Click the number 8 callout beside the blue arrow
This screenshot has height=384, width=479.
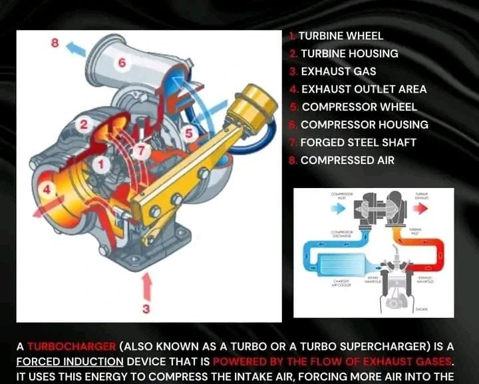(56, 43)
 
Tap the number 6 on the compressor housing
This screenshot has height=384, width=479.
(121, 63)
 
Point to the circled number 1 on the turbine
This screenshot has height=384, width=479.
(99, 163)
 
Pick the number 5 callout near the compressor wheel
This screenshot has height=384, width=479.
(189, 133)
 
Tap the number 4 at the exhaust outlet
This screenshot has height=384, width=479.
(47, 189)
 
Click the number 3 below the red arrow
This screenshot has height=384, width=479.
(146, 309)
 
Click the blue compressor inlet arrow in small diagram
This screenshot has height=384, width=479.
(338, 207)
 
